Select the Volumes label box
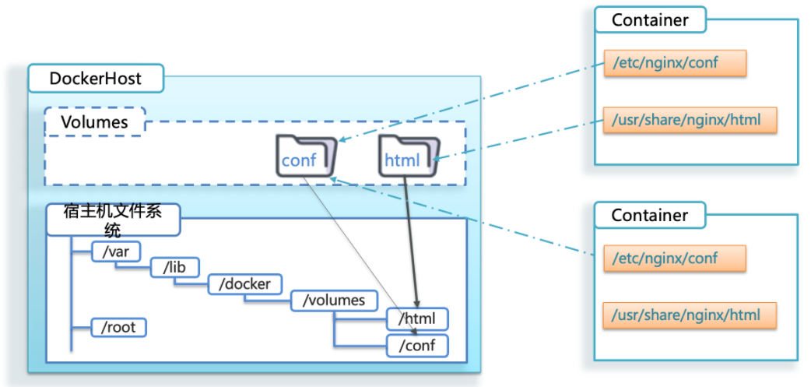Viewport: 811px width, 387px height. (x=94, y=122)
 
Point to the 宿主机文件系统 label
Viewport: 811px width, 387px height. (x=113, y=219)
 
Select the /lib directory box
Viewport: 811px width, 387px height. (x=174, y=268)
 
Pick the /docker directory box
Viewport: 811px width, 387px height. (x=244, y=284)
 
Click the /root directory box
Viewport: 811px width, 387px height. (x=118, y=327)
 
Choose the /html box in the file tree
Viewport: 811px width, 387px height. (x=417, y=318)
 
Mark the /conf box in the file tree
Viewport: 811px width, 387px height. (x=417, y=344)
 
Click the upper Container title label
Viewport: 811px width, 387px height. (x=650, y=20)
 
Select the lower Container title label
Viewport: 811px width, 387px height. (x=650, y=214)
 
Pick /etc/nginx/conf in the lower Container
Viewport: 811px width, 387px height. (x=675, y=259)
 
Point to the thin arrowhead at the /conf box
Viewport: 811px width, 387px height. (x=402, y=333)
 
